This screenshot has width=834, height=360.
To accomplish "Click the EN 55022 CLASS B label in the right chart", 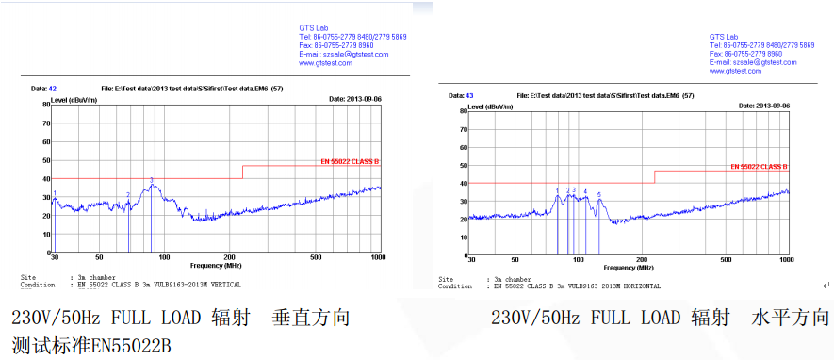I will point(760,167).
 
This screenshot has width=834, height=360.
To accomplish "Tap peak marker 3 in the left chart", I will point(152,180).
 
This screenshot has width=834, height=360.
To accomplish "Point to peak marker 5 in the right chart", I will point(599,195).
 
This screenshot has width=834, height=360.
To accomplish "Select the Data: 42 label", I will point(44,88).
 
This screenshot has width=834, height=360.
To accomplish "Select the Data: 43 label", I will point(463,95).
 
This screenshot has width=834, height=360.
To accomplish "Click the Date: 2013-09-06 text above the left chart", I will point(354,97).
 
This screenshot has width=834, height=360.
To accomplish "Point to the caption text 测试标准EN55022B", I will point(90,344).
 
